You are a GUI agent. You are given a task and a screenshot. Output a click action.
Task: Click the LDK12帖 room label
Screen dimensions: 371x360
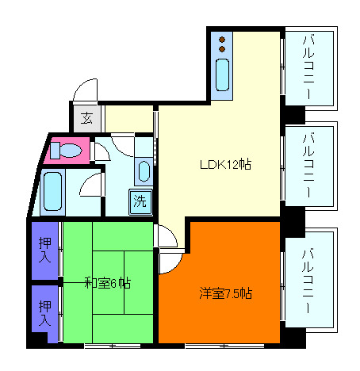point(225,165)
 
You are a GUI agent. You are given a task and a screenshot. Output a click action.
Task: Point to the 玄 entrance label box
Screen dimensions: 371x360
point(86,120)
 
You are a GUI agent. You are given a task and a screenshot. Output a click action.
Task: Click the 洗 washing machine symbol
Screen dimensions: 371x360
point(140,201)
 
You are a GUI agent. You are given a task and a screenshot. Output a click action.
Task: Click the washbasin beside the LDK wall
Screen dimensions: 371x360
point(144,170)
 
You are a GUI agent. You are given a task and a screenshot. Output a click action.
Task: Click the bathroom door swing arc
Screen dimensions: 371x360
point(90,187)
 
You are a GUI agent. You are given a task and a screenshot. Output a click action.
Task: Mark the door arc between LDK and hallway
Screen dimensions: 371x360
point(166,235)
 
